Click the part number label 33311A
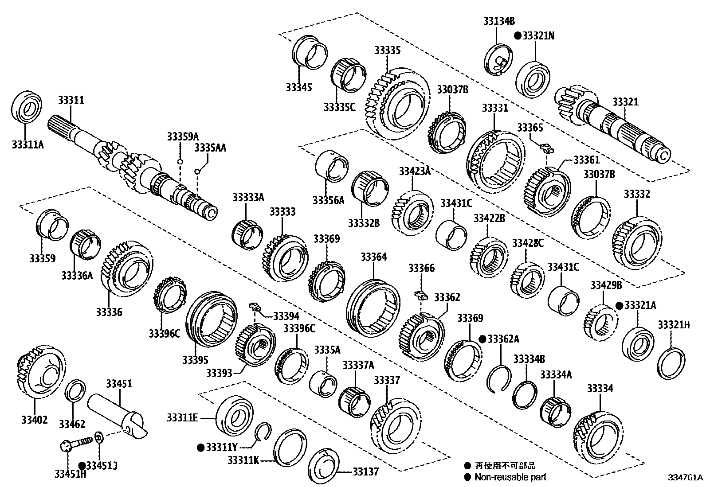[27, 144]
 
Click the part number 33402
[34, 419]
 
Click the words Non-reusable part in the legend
[510, 477]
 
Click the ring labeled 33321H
[671, 363]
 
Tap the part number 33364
[373, 257]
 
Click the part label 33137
[366, 471]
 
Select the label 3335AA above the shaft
[210, 148]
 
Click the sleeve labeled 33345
[309, 52]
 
